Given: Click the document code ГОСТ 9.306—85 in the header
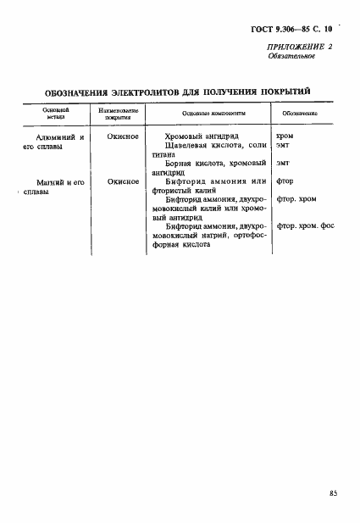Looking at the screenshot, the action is tap(281, 29).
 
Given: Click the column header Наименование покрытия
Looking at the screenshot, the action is tap(119, 114).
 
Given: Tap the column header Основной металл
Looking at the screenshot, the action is tap(56, 114).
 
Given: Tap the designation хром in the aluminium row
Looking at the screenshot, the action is tap(285, 136).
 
